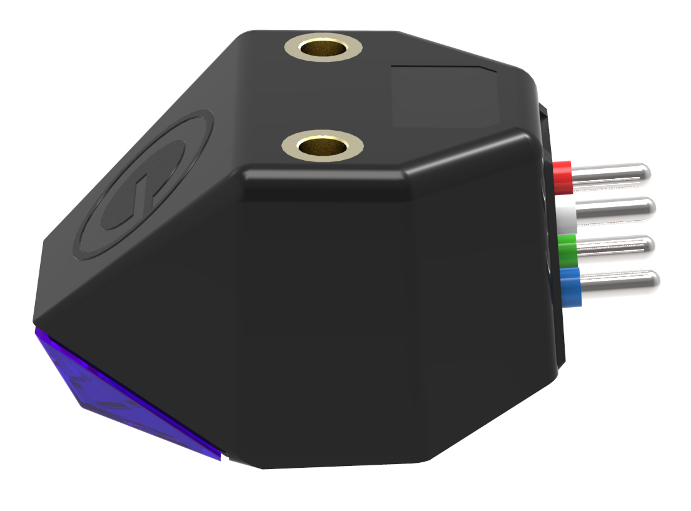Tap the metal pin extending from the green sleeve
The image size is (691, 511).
[616, 246]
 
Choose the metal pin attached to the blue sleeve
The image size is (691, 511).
[619, 281]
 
